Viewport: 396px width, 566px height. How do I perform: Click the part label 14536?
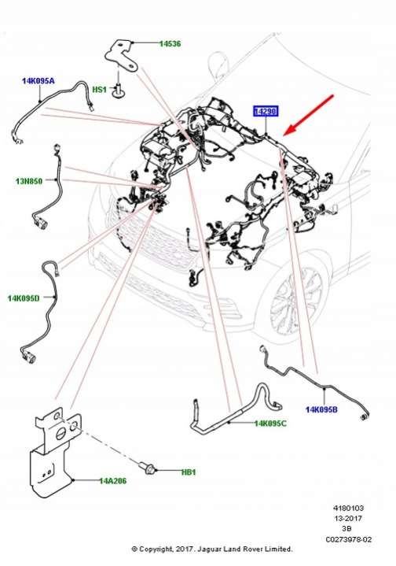[170, 43]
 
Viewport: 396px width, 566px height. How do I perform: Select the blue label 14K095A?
[38, 81]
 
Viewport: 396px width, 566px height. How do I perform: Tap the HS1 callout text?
[100, 89]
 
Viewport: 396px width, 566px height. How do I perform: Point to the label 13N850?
[29, 181]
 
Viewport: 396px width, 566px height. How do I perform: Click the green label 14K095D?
[24, 298]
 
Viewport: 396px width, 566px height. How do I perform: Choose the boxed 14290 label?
[266, 112]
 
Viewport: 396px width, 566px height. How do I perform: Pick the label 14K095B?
[322, 409]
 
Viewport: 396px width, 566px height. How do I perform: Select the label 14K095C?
[270, 424]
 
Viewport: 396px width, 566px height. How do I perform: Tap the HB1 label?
[189, 472]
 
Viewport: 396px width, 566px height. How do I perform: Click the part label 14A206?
[113, 481]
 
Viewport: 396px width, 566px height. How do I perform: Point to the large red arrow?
[309, 116]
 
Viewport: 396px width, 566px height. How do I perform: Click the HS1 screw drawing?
[118, 88]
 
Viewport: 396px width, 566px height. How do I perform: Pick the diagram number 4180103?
[348, 508]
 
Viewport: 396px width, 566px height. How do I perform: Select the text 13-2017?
[348, 518]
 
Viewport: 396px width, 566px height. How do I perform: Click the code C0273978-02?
[348, 540]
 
